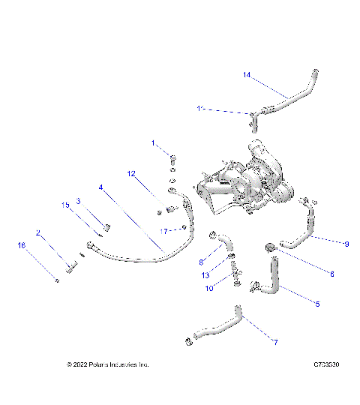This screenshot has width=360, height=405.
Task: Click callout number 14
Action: point(247,74)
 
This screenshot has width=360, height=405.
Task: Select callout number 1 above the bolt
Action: point(154,142)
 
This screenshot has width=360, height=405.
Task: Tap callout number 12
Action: point(131,174)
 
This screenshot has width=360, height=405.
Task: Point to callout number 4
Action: point(100,187)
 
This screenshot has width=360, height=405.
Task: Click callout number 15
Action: point(65,204)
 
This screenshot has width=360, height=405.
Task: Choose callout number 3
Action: point(78,201)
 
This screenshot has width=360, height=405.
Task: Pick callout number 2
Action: point(38,233)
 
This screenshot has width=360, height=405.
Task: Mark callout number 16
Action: point(22,245)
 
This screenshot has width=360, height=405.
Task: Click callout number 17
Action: point(168,230)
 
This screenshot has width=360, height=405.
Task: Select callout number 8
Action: point(202,262)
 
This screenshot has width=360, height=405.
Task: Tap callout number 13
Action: point(205,275)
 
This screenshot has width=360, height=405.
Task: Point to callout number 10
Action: point(210,289)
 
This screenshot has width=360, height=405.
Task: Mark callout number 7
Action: point(274,343)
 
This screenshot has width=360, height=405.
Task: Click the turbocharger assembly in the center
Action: point(240,184)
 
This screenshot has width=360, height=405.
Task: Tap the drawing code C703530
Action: point(328,365)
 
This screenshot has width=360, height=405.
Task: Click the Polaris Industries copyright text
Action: point(108,365)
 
